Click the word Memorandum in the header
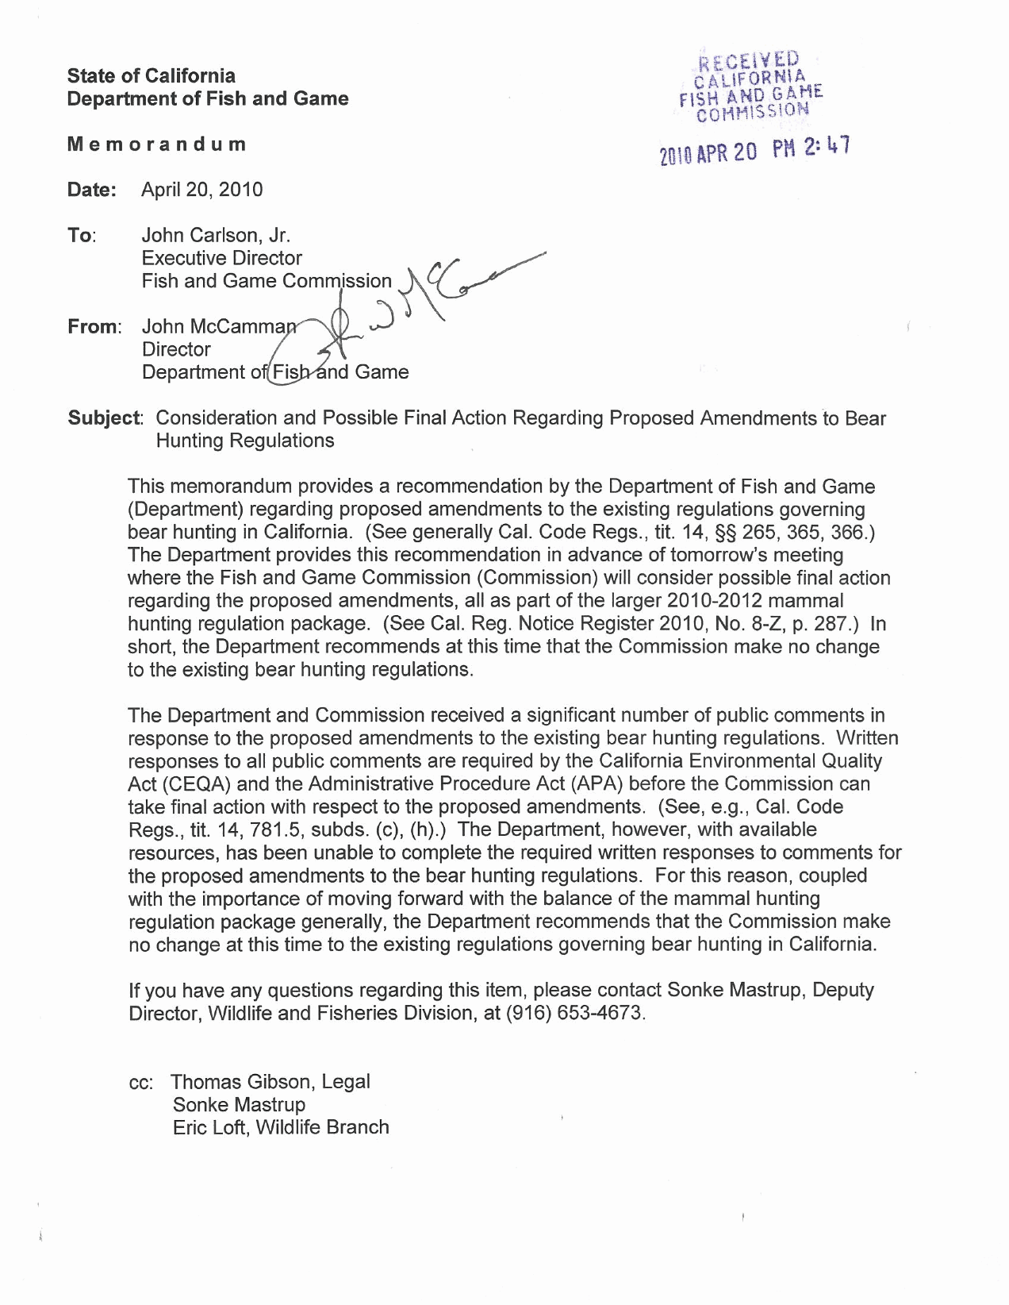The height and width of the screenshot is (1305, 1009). pyautogui.click(x=156, y=144)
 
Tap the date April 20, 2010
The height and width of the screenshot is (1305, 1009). pyautogui.click(x=201, y=190)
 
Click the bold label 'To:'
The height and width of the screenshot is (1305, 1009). pyautogui.click(x=81, y=236)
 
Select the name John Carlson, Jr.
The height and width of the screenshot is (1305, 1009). pyautogui.click(x=216, y=236)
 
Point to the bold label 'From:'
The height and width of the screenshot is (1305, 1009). pyautogui.click(x=94, y=327)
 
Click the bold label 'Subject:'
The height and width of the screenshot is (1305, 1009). pyautogui.click(x=105, y=418)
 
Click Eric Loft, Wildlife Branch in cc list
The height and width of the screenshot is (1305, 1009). pyautogui.click(x=281, y=1128)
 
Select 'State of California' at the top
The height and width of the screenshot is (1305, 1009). pyautogui.click(x=151, y=76)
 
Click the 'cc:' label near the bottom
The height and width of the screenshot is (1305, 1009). pyautogui.click(x=145, y=1083)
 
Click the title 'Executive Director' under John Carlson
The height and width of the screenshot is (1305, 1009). pyautogui.click(x=221, y=259)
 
